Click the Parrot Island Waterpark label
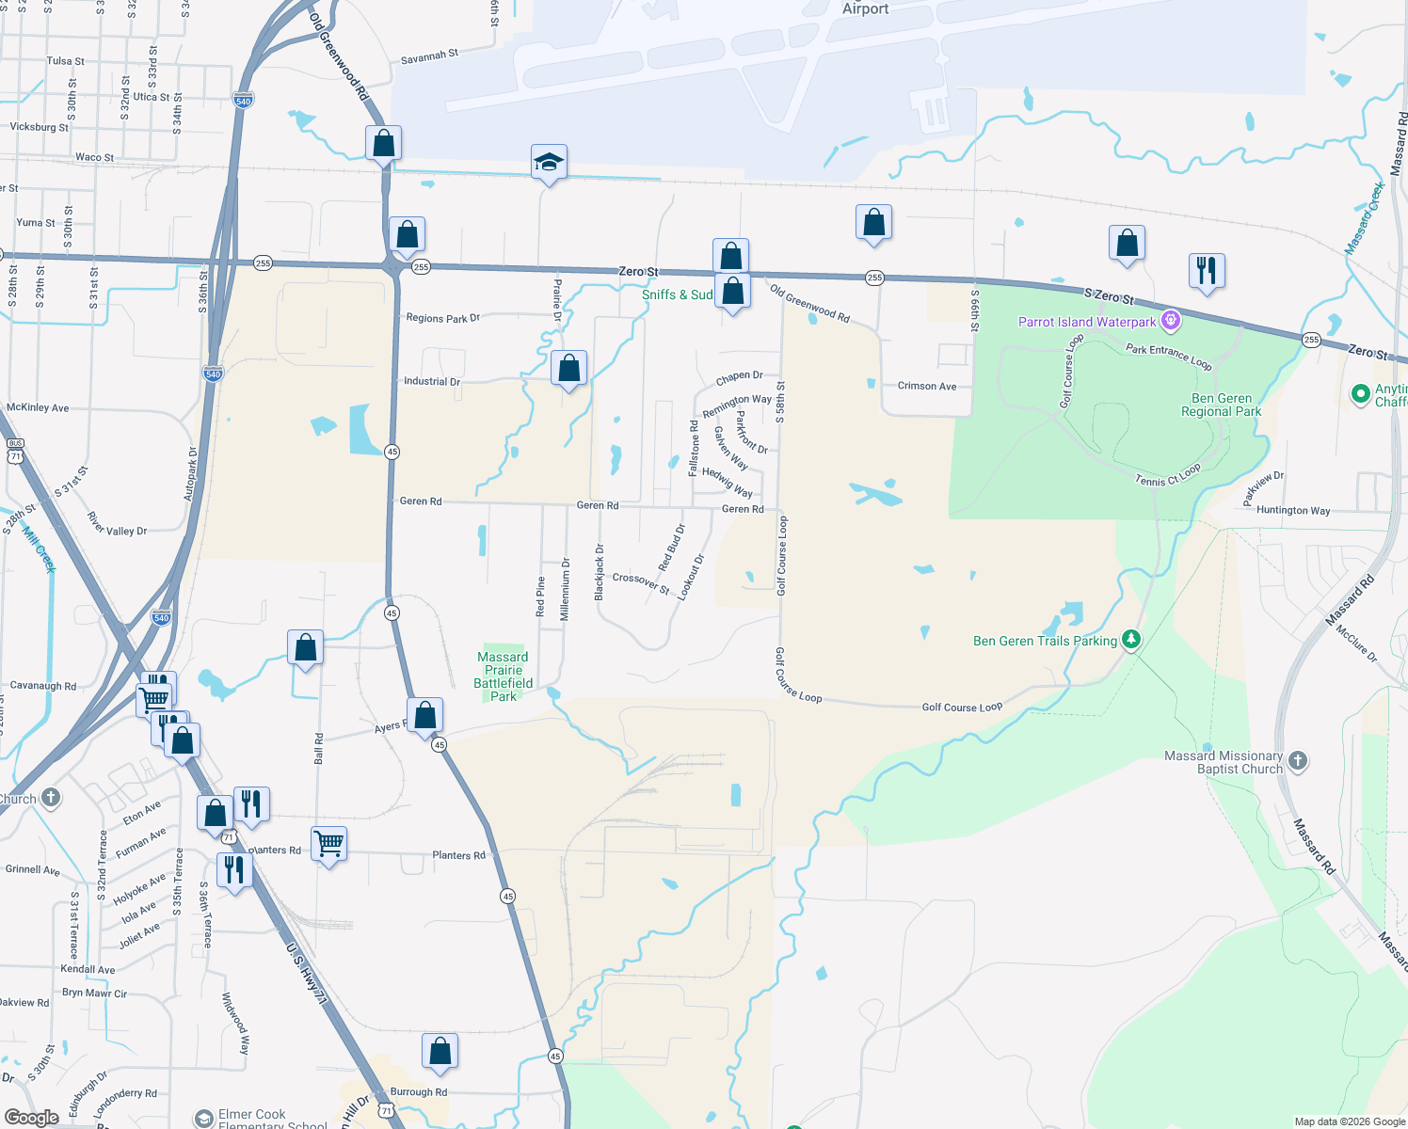pos(1086,322)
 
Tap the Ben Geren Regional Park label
pos(1221,405)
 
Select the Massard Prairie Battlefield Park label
pos(503,676)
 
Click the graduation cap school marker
pos(549,163)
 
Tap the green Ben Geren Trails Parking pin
pos(1131,640)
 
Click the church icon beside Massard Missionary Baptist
pos(1298,760)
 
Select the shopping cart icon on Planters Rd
pos(328,844)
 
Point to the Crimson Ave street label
pos(926,386)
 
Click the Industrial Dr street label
pos(431,381)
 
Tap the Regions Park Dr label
pos(442,318)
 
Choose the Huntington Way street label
pos(1293,510)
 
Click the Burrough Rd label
pos(418,1092)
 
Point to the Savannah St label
pos(429,56)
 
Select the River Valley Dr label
pos(117,525)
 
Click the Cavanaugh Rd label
pos(42,686)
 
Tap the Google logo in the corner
pos(31,1118)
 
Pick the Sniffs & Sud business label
pos(677,294)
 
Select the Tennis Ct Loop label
pos(1168,475)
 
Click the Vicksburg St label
pos(39,127)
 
